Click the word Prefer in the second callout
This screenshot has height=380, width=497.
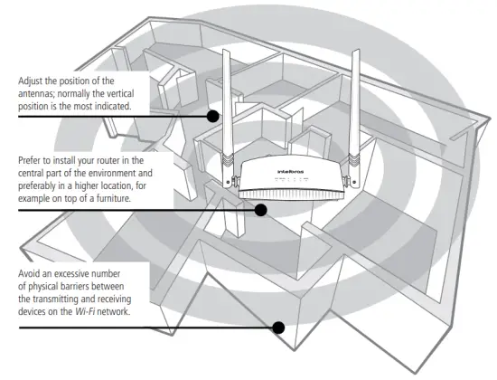(x=30, y=159)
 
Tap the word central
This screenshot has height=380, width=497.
(x=32, y=172)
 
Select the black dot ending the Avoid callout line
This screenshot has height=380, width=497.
(x=279, y=327)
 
